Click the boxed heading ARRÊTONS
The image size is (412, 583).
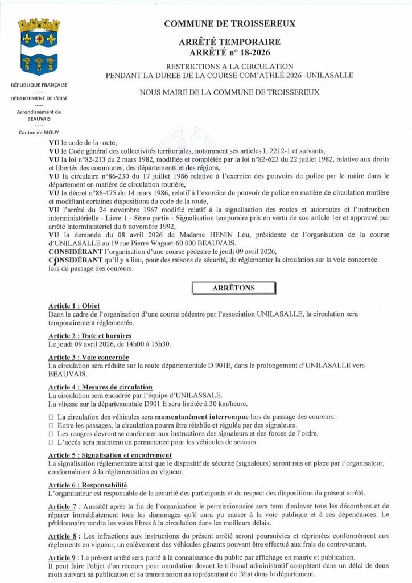click(x=233, y=288)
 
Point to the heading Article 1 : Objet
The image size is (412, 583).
click(x=74, y=306)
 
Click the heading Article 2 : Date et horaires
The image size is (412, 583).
click(x=90, y=336)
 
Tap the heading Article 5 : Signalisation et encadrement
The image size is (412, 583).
click(x=110, y=455)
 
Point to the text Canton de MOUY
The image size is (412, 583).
click(x=39, y=133)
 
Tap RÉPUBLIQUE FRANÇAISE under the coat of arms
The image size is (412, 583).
click(x=39, y=85)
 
